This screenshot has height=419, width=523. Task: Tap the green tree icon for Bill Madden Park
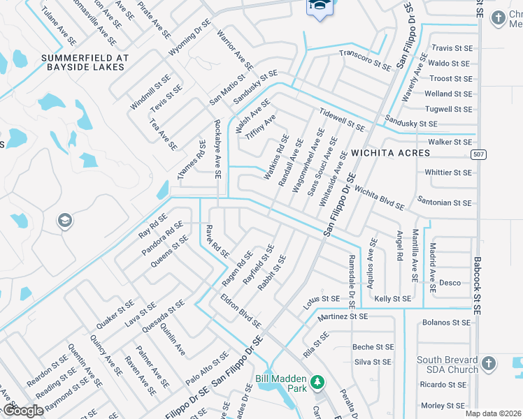[318, 382]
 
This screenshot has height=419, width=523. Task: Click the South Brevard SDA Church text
[447, 365]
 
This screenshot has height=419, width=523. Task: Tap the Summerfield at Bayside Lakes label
[83, 62]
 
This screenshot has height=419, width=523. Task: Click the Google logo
[22, 411]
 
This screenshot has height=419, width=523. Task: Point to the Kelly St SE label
[392, 298]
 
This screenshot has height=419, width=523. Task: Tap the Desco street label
[450, 283]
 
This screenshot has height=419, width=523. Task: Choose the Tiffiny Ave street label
[260, 126]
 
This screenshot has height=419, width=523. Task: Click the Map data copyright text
[493, 413]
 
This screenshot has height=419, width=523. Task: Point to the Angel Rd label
[400, 246]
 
